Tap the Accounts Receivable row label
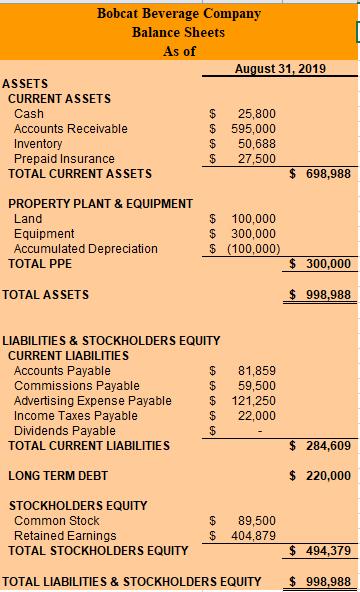71,129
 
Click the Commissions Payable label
77,385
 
